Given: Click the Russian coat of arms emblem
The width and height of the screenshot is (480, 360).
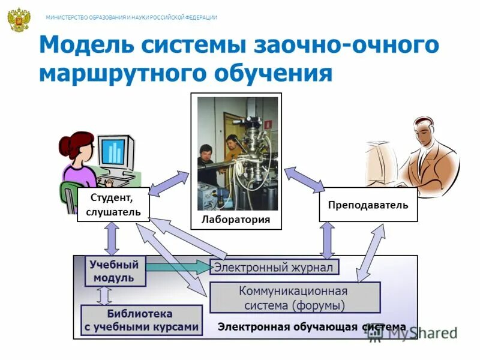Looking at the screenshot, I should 19,20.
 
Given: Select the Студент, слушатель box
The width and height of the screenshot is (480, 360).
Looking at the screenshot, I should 113,205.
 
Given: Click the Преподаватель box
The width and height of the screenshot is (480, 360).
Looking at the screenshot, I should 368,205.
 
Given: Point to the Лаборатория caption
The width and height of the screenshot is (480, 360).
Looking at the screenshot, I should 236,220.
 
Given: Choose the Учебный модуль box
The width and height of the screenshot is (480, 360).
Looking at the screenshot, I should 115,271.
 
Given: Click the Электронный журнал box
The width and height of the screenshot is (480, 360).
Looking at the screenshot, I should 274,267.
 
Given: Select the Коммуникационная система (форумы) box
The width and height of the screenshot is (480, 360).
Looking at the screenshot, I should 294,298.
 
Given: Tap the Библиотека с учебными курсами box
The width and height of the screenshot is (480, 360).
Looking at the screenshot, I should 141,320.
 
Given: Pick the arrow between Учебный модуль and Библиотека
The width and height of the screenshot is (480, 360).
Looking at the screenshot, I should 104,295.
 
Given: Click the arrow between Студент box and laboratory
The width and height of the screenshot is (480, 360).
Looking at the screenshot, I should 169,182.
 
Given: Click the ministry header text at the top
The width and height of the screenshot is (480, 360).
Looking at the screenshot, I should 131,17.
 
